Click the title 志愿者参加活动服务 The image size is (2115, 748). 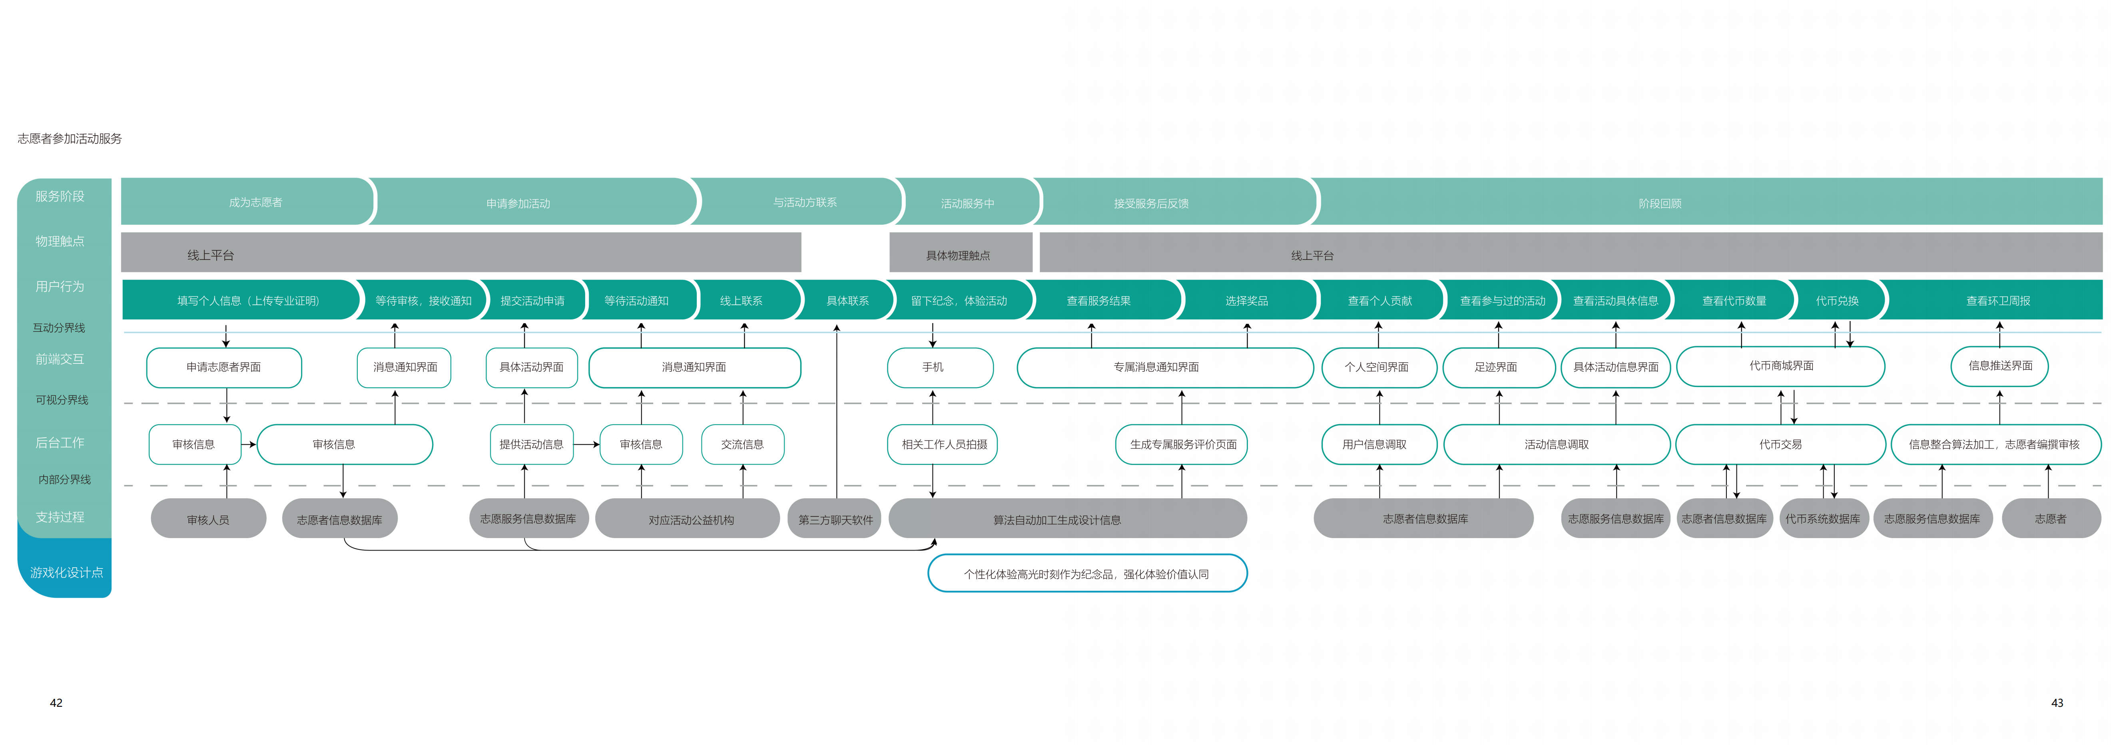pos(70,139)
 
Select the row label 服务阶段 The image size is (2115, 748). pos(60,196)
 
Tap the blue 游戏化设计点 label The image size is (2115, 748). pos(66,572)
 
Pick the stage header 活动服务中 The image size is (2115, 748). pos(967,203)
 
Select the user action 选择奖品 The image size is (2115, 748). pos(1246,301)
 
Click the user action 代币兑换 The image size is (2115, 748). pos(1837,301)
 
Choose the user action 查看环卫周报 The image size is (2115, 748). pos(1997,301)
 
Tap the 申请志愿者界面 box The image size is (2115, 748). pos(223,367)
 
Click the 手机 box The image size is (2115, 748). pos(933,367)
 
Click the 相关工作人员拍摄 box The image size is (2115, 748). pos(943,444)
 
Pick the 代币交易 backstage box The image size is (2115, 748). pos(1780,444)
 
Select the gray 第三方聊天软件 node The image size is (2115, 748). pos(835,519)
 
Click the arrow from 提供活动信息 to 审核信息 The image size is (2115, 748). pos(586,444)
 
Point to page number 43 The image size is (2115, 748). pos(2057,703)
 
